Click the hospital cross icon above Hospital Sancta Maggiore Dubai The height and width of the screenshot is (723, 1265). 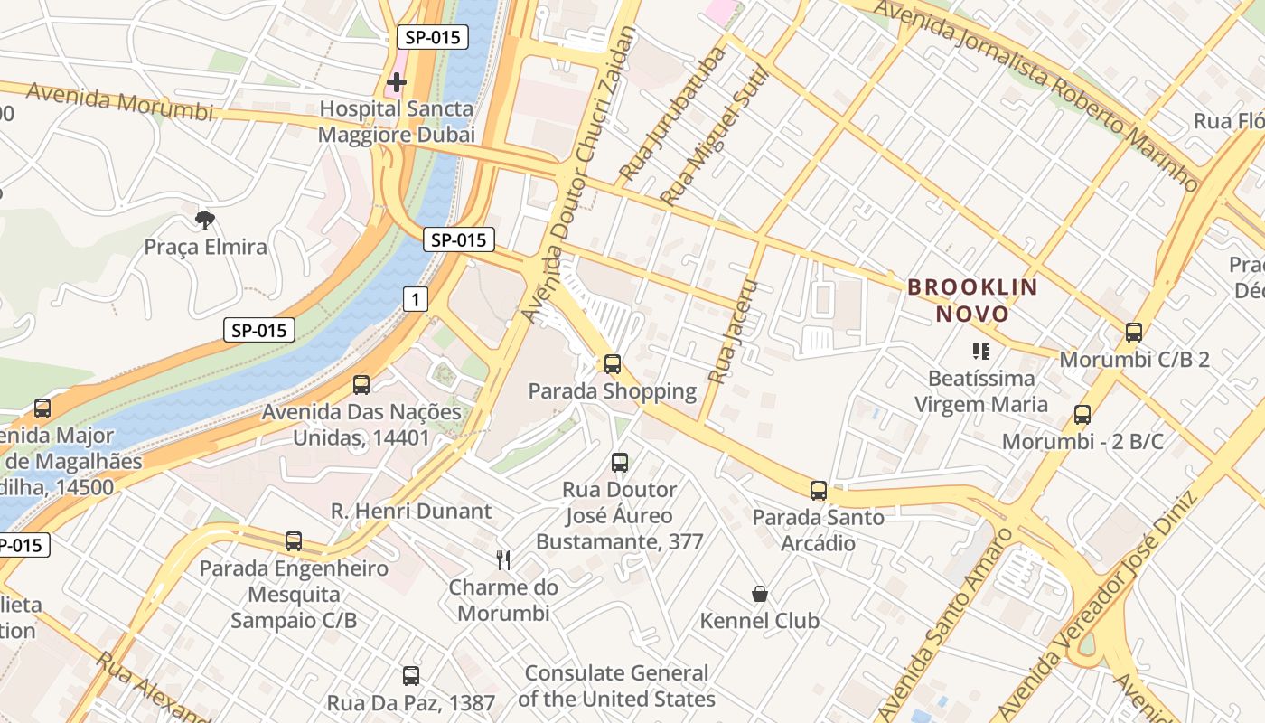(x=396, y=83)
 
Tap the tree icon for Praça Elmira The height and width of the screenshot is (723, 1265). (x=205, y=220)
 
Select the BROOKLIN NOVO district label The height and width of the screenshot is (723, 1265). (x=972, y=301)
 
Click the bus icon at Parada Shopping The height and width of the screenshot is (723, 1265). (x=613, y=364)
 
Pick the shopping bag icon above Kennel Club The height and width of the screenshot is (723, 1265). (x=760, y=594)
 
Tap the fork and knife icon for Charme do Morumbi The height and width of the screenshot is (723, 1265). (x=503, y=560)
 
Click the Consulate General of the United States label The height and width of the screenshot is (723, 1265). (x=616, y=686)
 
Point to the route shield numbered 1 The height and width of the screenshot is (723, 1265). (x=415, y=299)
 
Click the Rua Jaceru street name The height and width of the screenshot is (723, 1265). (x=732, y=329)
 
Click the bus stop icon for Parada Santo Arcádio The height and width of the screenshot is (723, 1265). (x=819, y=491)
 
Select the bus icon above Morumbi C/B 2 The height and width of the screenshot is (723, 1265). (x=1134, y=333)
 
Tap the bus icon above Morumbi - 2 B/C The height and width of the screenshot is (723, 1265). (x=1082, y=415)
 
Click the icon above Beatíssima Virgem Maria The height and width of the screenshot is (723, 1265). (x=980, y=351)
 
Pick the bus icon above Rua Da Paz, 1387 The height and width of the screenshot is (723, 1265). (x=411, y=675)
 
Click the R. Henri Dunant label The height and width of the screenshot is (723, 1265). (x=411, y=511)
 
